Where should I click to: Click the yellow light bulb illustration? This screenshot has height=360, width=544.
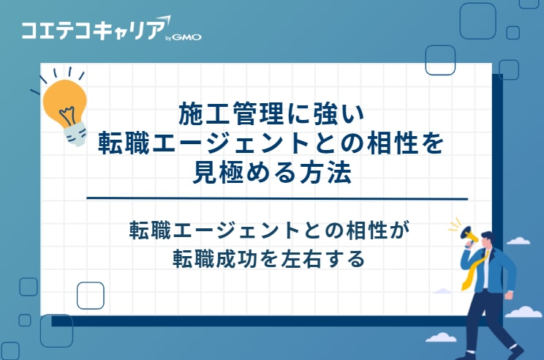(64, 102)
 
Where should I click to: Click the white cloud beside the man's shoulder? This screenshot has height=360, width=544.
(518, 240)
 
